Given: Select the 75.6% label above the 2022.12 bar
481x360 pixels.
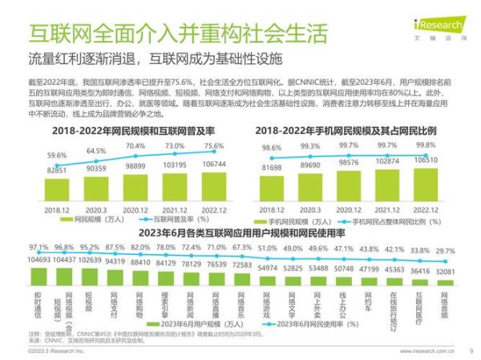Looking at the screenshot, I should pyautogui.click(x=212, y=146).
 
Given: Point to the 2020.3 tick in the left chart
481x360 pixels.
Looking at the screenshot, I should pyautogui.click(x=95, y=209).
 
